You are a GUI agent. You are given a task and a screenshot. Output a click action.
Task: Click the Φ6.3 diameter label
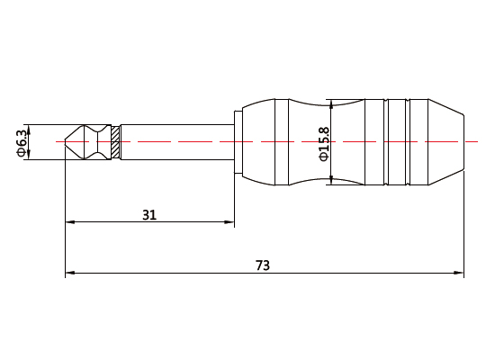click(21, 142)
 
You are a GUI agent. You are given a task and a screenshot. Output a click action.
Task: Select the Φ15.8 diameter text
click(324, 142)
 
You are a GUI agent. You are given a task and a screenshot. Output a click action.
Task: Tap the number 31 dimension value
click(149, 214)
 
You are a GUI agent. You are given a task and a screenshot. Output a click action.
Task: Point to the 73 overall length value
click(263, 265)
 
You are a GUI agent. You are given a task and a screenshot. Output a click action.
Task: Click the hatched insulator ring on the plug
click(114, 142)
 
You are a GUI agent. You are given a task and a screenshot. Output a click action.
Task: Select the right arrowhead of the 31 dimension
click(230, 222)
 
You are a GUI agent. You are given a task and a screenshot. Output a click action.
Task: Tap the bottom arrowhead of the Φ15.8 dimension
click(331, 181)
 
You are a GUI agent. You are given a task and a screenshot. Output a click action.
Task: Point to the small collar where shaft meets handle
click(238, 142)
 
